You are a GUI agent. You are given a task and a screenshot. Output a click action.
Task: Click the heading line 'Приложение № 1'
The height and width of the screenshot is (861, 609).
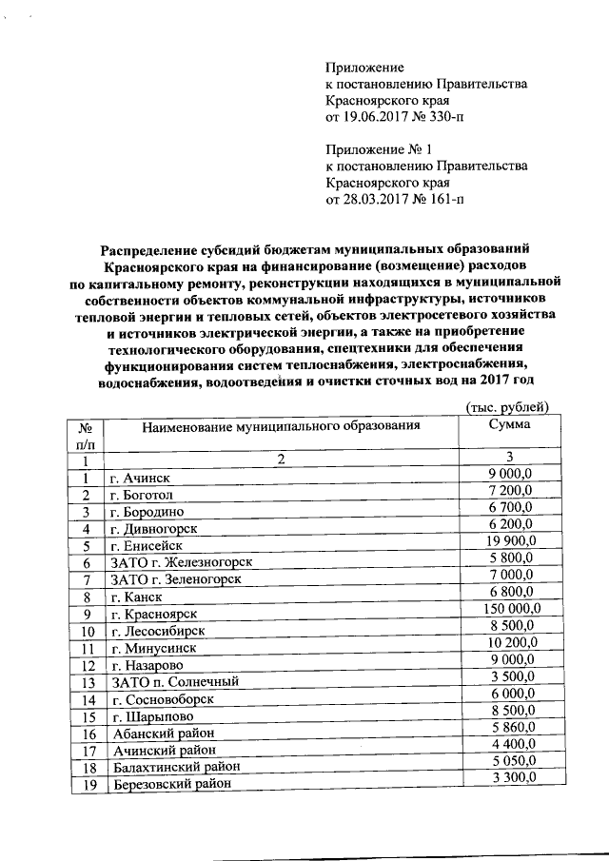click(379, 149)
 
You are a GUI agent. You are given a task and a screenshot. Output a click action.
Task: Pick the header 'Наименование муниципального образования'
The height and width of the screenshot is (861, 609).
click(281, 426)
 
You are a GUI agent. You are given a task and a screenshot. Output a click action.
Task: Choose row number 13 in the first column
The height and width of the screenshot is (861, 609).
click(88, 683)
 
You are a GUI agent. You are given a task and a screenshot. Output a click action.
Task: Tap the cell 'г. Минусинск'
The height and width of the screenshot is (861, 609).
click(148, 649)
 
